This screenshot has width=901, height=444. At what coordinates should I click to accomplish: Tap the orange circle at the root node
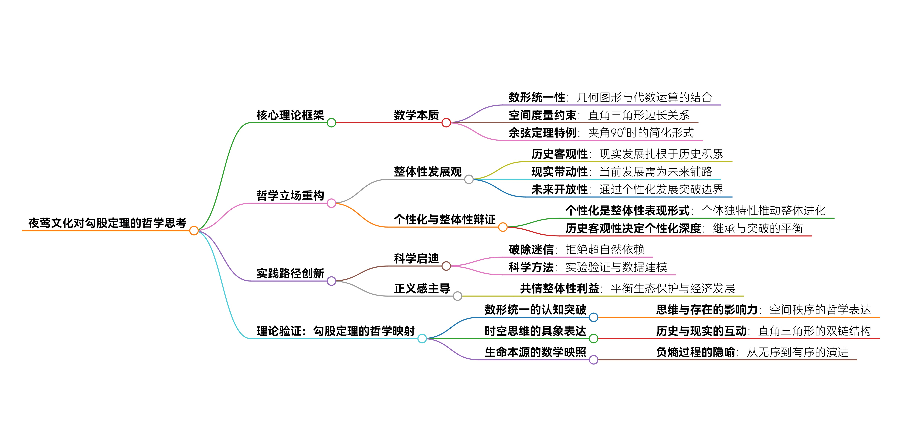194,231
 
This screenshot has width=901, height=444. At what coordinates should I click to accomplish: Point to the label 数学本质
416,115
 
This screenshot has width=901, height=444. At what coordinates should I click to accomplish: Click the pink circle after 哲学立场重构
331,203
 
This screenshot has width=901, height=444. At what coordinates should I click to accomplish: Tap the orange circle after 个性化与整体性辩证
503,227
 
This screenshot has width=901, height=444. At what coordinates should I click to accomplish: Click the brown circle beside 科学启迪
446,266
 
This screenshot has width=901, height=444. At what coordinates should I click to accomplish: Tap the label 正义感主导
422,289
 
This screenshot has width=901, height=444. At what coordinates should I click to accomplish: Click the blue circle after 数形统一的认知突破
593,317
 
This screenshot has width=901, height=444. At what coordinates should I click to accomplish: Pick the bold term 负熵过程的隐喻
695,352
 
